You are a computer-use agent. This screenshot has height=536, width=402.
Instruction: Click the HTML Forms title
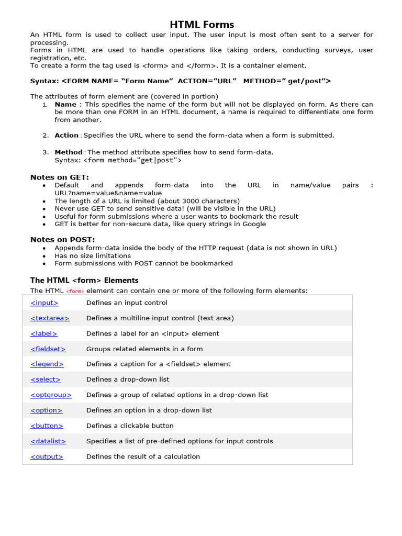point(202,25)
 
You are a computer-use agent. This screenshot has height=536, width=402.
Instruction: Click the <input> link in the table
point(44,303)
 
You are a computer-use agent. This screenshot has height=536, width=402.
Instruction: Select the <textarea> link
point(50,318)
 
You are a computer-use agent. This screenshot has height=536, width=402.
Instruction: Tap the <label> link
point(44,333)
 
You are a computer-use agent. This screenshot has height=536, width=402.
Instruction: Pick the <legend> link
point(47,364)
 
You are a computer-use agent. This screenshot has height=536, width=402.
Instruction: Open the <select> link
point(46,379)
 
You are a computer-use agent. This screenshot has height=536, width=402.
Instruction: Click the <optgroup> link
point(51,395)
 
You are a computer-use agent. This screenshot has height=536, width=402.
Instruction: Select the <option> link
point(46,410)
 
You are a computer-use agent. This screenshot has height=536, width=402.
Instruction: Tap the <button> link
point(47,426)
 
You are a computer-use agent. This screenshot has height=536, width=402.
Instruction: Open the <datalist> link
point(48,441)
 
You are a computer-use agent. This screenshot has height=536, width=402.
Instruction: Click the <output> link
point(47,456)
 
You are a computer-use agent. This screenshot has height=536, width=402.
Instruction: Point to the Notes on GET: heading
point(60,177)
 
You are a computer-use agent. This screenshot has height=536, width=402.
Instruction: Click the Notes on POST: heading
point(62,240)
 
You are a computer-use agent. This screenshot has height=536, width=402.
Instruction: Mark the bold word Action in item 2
point(66,135)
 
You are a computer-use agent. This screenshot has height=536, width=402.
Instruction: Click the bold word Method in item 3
point(69,152)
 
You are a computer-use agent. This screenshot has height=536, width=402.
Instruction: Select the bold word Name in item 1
point(65,105)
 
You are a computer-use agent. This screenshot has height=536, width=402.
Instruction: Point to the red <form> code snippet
point(75,291)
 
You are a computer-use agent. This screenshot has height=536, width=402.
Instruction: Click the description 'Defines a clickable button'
point(130,426)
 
